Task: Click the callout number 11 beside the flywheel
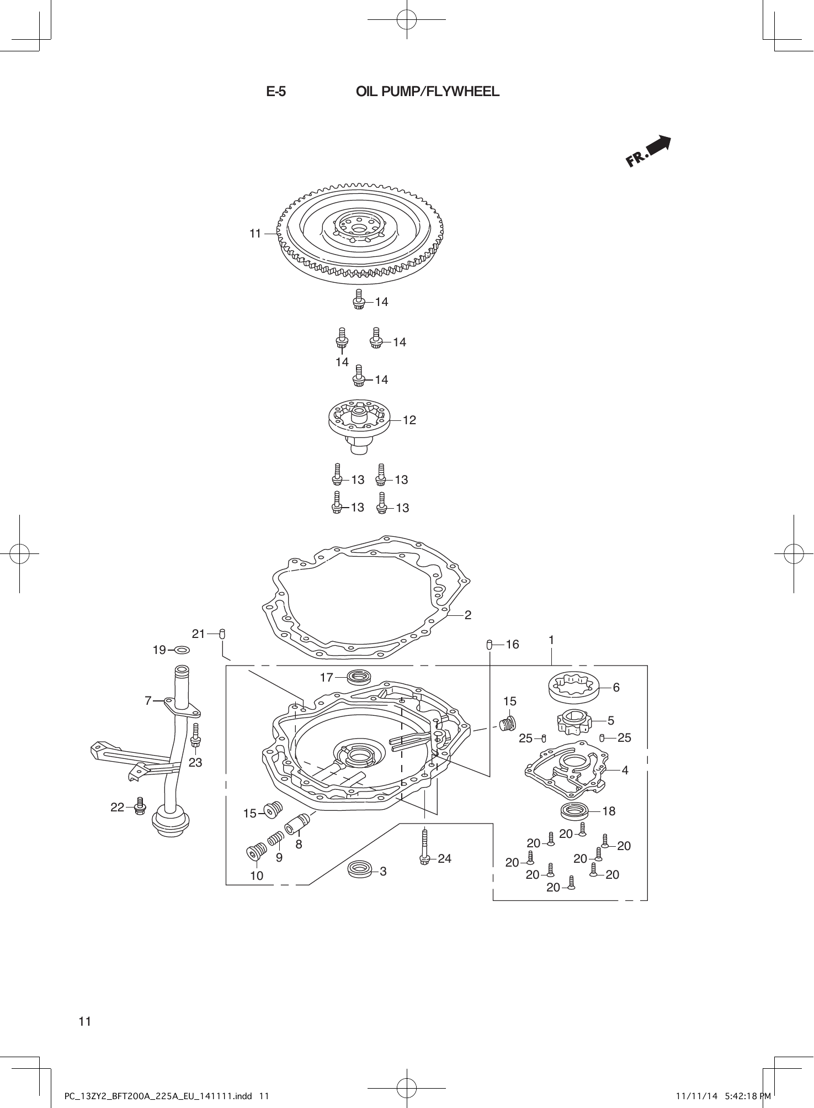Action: point(255,234)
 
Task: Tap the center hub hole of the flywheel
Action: point(359,229)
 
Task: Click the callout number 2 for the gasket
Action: point(468,615)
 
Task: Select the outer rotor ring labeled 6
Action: point(574,687)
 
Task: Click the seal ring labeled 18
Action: point(574,811)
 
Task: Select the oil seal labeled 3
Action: point(359,870)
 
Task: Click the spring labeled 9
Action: point(275,840)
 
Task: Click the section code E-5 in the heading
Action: point(276,92)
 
